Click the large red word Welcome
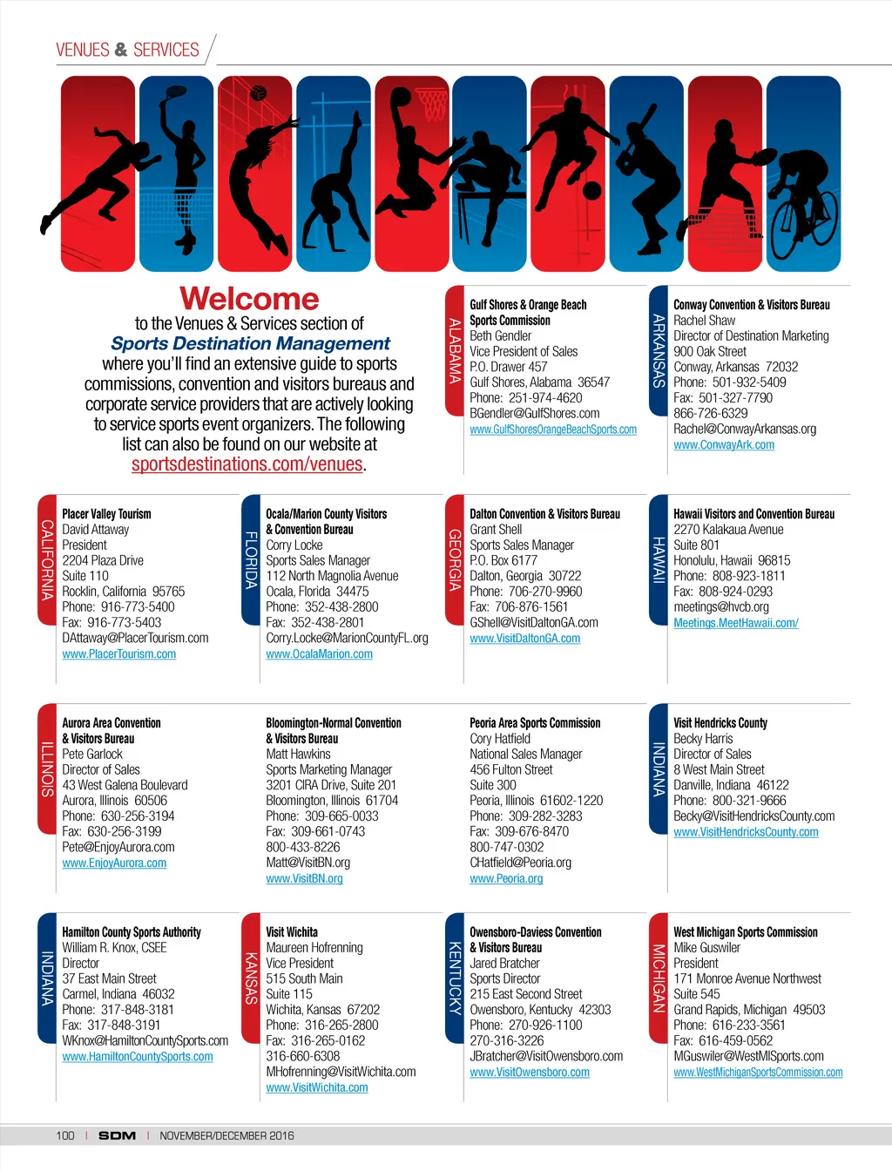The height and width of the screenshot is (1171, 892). click(249, 299)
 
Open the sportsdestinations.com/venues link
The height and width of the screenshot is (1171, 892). click(247, 464)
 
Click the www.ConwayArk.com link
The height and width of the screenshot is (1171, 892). click(723, 445)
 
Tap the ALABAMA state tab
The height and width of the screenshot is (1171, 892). click(455, 351)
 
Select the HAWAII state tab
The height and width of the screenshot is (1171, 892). click(659, 560)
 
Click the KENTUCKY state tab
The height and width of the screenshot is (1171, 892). click(455, 978)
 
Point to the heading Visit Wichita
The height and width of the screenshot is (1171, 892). click(292, 932)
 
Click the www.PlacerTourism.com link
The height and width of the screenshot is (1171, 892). click(119, 654)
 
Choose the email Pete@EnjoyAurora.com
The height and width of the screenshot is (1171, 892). click(118, 848)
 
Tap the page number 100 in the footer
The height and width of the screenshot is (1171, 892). click(65, 1136)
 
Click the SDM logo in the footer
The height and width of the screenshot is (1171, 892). click(117, 1136)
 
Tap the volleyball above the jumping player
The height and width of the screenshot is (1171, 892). click(258, 92)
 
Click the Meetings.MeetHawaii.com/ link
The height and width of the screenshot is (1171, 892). click(735, 623)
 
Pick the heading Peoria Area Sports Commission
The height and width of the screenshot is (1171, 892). click(535, 723)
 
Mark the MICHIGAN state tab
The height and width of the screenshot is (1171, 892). click(659, 978)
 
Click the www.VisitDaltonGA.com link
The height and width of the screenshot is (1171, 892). click(524, 639)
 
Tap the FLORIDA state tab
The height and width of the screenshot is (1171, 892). click(251, 560)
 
